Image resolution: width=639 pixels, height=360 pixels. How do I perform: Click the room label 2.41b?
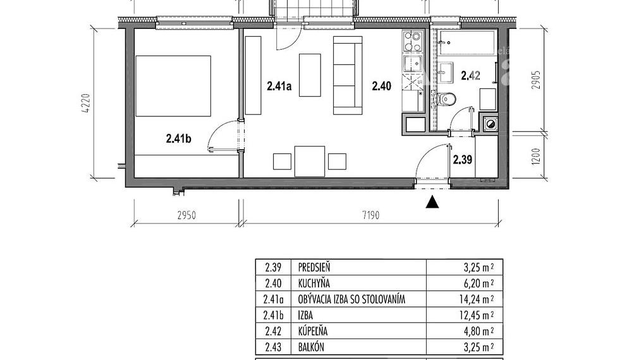178,139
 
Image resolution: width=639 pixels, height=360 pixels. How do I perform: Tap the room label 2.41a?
279,86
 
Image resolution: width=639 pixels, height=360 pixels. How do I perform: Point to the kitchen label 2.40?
382,86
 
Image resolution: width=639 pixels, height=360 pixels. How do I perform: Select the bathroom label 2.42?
470,75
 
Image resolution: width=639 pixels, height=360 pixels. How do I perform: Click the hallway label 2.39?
463,160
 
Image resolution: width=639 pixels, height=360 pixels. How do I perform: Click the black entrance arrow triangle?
432,202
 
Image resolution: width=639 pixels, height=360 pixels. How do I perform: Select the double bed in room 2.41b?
173,86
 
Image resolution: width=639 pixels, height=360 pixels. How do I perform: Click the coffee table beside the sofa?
310,75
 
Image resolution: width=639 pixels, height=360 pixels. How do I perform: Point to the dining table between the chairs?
310,161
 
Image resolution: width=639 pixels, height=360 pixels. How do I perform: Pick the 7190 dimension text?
370,215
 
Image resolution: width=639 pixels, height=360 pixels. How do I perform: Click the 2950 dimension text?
186,215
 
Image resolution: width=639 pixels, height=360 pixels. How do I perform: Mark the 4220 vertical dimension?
87,104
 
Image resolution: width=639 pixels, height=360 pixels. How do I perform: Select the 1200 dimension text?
537,157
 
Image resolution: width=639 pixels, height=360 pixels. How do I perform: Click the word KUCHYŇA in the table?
313,283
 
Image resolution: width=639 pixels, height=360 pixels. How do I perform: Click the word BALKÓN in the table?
311,347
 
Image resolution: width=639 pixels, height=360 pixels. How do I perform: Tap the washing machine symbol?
490,124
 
